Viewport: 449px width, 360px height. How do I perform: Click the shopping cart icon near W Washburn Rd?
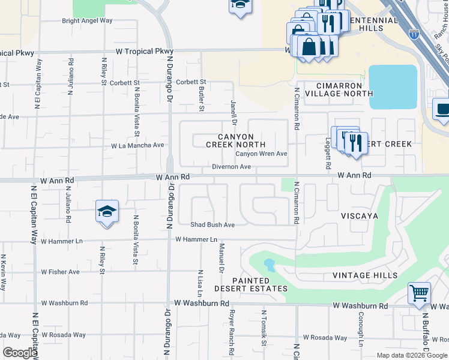(x=419, y=294)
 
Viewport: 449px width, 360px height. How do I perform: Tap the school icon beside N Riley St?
(x=107, y=212)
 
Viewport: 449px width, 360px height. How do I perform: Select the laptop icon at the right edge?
(x=442, y=110)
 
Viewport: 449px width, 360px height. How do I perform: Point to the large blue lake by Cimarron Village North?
(x=393, y=86)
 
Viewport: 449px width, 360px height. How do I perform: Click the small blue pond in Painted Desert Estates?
(x=268, y=264)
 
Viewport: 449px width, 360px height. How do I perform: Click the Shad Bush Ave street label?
(x=212, y=224)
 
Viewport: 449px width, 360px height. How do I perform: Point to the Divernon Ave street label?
(x=231, y=167)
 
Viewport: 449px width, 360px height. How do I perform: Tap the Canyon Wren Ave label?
(x=261, y=154)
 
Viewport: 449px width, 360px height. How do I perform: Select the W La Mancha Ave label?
(x=137, y=145)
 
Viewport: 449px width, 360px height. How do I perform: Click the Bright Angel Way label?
(x=88, y=20)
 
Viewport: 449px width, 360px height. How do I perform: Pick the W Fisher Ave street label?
(x=60, y=272)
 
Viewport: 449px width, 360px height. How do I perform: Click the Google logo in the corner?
(x=20, y=353)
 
